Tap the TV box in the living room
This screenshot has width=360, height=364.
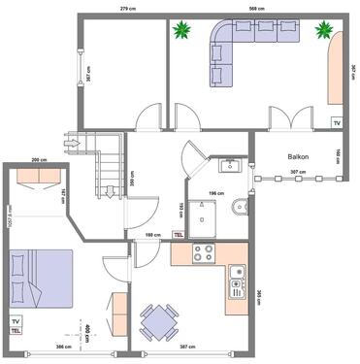(x=337, y=123)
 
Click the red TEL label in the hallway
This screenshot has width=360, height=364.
(x=178, y=234)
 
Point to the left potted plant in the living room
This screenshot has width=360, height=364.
(x=181, y=32)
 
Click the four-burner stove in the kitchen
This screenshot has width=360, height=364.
(x=204, y=254)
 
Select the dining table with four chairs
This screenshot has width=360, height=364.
(x=157, y=319)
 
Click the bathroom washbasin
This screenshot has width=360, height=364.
(x=230, y=166)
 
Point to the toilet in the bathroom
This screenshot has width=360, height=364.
(x=240, y=207)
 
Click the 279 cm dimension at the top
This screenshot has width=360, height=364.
(x=126, y=8)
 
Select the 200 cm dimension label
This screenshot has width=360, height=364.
(x=40, y=159)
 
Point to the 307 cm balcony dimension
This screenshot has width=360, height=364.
(x=299, y=173)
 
